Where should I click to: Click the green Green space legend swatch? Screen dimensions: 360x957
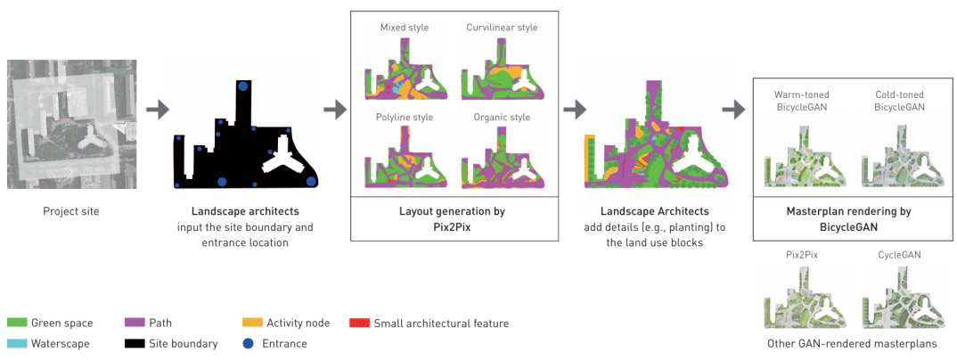[17, 323]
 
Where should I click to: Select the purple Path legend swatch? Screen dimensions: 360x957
[135, 323]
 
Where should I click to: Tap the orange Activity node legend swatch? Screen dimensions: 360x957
[253, 323]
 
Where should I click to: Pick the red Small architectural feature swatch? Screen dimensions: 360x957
[360, 323]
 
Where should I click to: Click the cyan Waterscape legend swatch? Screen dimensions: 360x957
[17, 343]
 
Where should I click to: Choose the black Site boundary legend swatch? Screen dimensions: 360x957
[135, 343]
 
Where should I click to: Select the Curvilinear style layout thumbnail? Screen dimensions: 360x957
[502, 75]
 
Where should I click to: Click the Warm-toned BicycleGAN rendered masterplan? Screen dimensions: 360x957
[800, 158]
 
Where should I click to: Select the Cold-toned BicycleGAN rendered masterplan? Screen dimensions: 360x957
[898, 158]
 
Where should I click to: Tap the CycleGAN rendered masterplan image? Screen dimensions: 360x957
[898, 297]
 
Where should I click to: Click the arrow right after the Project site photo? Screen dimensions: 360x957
[157, 110]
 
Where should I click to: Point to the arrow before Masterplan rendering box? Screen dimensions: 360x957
[733, 110]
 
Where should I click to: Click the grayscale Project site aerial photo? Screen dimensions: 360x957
[72, 124]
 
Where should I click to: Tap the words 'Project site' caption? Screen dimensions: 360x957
[71, 212]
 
